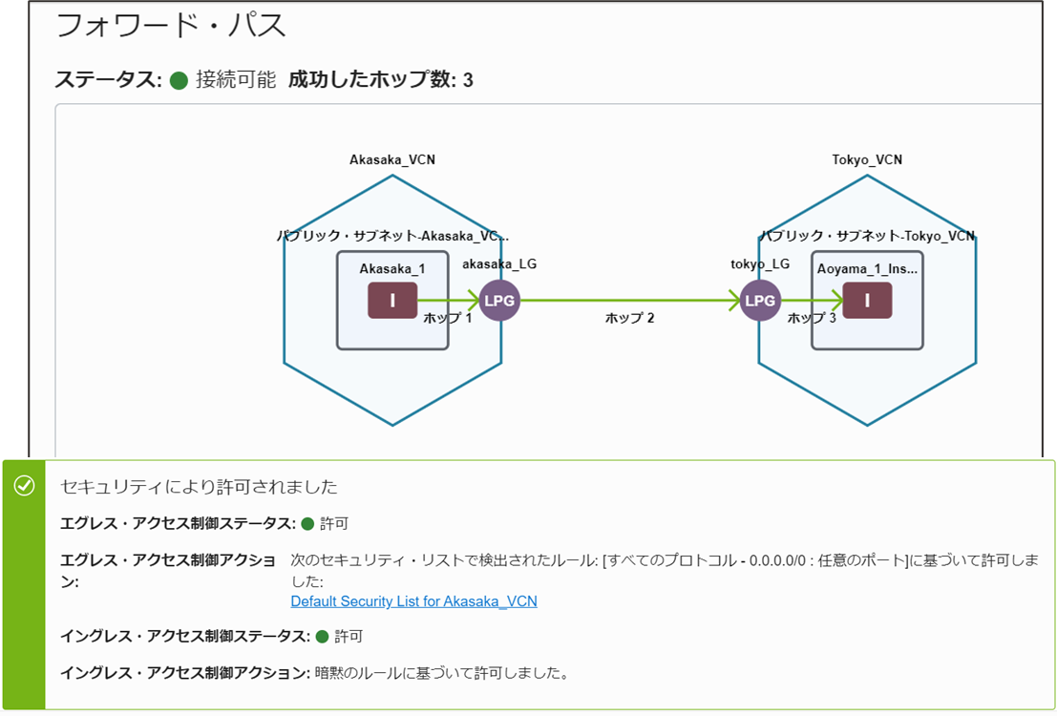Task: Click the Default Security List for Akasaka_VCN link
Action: point(413,601)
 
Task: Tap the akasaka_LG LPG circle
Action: point(499,301)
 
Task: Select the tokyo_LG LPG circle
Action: point(760,301)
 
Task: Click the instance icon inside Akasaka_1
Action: point(392,301)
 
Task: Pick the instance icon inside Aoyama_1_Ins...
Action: point(867,301)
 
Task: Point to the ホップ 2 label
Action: point(629,318)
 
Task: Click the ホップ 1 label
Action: point(448,318)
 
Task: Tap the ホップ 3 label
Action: point(812,318)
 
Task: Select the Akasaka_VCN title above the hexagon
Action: point(392,159)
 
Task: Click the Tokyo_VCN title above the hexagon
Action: point(867,159)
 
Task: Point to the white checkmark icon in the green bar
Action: point(24,486)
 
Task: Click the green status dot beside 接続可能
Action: point(179,80)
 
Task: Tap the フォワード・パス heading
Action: point(171,26)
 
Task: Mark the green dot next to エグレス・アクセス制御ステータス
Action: point(307,524)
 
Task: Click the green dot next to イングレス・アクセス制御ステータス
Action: point(322,636)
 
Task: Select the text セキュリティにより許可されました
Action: point(199,487)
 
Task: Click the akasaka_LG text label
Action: point(498,263)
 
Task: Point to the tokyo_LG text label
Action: point(760,263)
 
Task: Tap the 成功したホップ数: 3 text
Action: point(380,80)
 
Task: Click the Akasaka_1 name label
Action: point(392,268)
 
